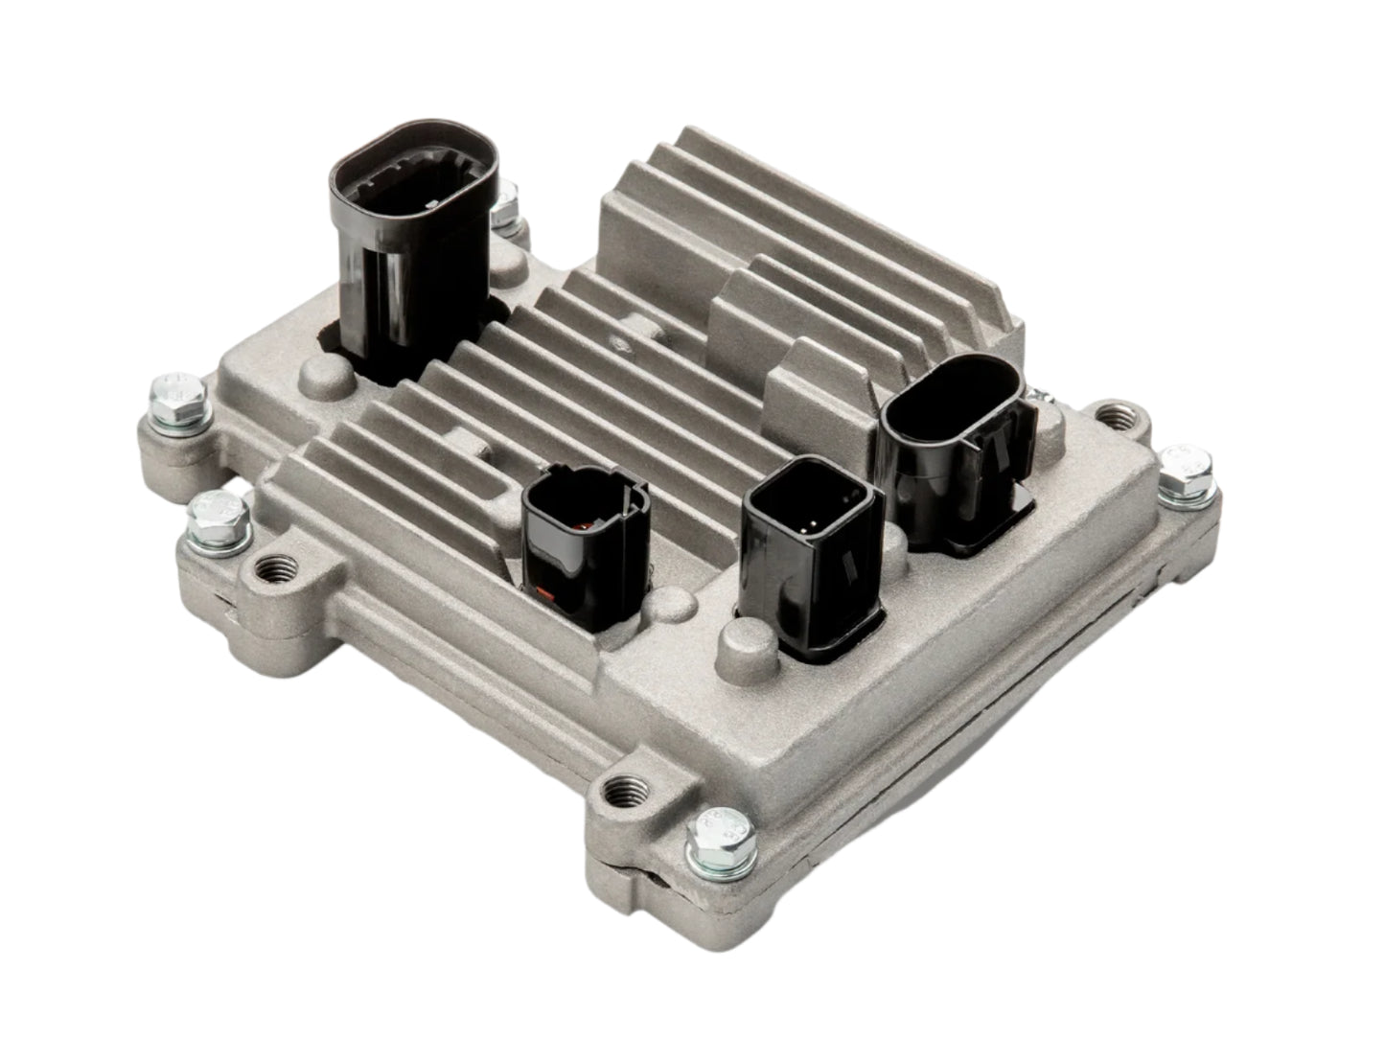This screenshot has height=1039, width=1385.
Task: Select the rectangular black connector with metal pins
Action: pos(810,556)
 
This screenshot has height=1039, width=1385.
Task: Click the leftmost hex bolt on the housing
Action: pos(180,401)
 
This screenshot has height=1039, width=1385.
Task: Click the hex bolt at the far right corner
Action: pos(1186,472)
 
